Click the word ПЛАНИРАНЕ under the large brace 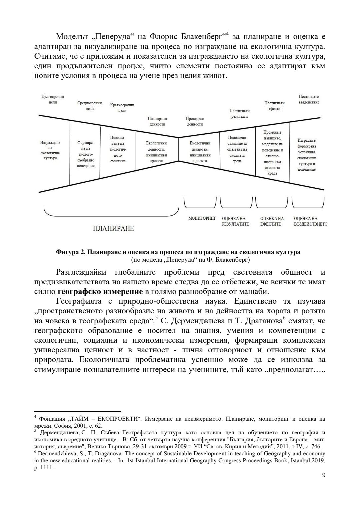coord(113,228)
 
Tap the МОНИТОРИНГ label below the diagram coord(202,218)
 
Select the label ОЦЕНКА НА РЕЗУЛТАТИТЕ coord(235,221)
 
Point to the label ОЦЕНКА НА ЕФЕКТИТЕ coord(272,221)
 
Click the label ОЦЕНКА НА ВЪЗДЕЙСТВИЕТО coord(310,221)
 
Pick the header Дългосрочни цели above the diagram coord(53,99)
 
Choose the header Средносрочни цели coord(89,106)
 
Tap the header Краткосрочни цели coord(122,108)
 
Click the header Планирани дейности coord(157,121)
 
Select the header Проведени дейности coord(195,121)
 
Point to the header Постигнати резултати coord(239,113)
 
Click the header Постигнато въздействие coord(309,99)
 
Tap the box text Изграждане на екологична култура coord(50,150)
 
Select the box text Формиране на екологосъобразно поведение coord(86,154)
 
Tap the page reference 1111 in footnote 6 coord(47,467)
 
